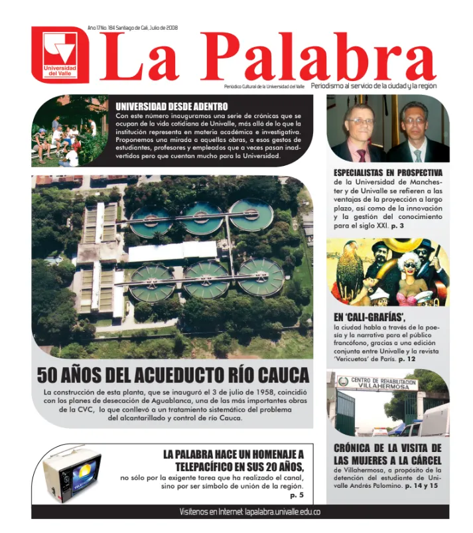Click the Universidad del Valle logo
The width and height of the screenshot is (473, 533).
click(60, 54)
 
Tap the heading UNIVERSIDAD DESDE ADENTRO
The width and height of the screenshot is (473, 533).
click(171, 106)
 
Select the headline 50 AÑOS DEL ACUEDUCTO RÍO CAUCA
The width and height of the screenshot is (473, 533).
click(172, 375)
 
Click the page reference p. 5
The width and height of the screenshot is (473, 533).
click(297, 495)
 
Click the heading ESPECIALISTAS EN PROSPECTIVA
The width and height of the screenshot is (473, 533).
click(387, 173)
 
